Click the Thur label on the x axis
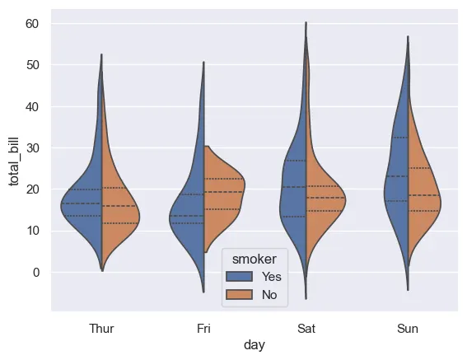[x=101, y=329]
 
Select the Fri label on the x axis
[x=203, y=329]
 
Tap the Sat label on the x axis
[x=306, y=329]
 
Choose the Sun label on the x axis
[x=408, y=329]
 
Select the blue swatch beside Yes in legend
[x=244, y=277]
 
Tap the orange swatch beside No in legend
[x=244, y=294]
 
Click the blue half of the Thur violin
[x=86, y=206]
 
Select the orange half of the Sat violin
[x=321, y=198]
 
